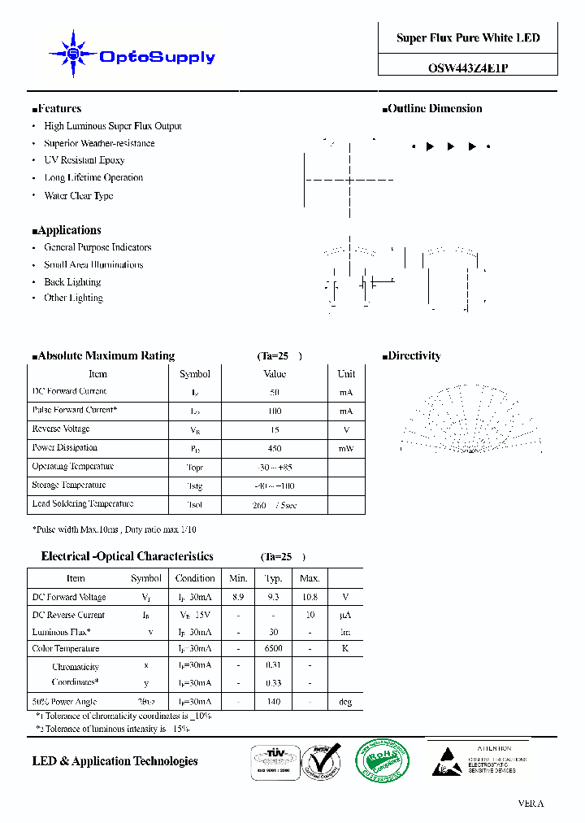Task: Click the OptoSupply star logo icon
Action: tap(73, 54)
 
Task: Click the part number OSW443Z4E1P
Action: tap(468, 69)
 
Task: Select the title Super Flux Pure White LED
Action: tap(468, 38)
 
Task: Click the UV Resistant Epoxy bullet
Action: tap(84, 160)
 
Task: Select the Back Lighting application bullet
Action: tap(72, 282)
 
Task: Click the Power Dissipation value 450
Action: tap(275, 448)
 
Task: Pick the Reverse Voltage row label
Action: tap(61, 429)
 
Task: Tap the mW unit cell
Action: tap(346, 448)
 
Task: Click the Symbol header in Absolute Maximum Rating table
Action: tap(194, 374)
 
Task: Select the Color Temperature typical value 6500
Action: tap(274, 649)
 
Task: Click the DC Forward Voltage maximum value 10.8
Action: tap(310, 597)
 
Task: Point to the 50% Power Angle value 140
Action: tap(274, 702)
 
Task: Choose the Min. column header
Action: tap(238, 578)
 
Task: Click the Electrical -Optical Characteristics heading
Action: tap(127, 556)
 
